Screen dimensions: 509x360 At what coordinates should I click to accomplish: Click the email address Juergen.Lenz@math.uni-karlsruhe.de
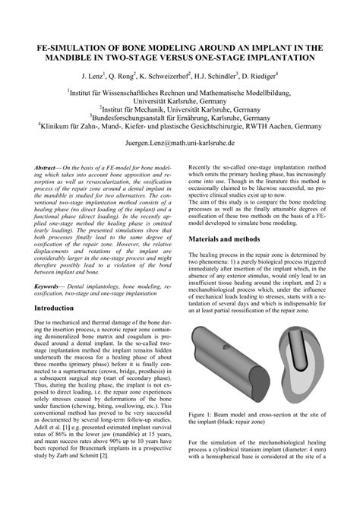tap(179, 142)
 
